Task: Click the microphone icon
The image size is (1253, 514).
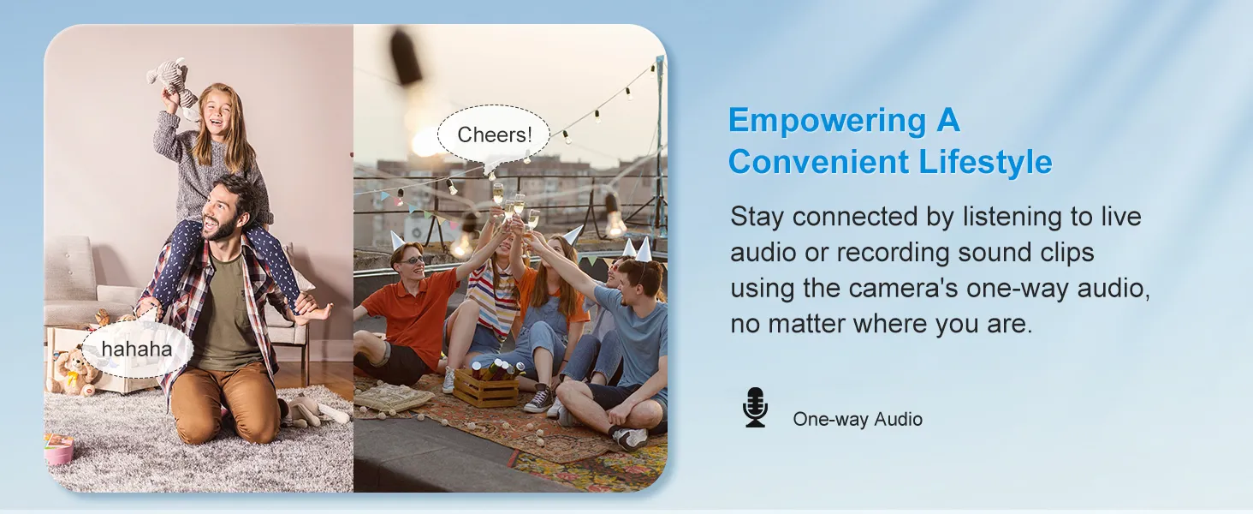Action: tap(755, 407)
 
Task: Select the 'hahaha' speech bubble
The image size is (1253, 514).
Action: tap(137, 350)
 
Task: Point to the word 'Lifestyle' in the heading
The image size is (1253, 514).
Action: tap(986, 162)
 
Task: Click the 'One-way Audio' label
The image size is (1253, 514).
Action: tap(858, 419)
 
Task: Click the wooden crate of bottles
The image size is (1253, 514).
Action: tap(486, 384)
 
